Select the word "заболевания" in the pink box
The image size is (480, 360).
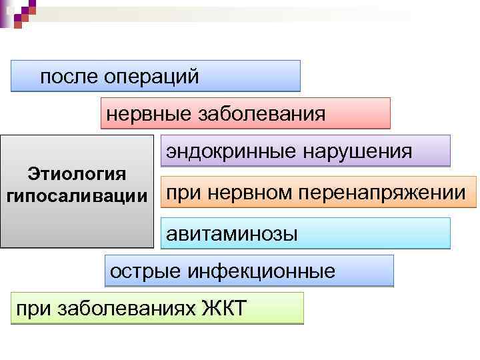pos(262,114)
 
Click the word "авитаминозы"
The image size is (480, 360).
pos(232,234)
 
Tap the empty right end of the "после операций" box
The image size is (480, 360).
pos(267,76)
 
